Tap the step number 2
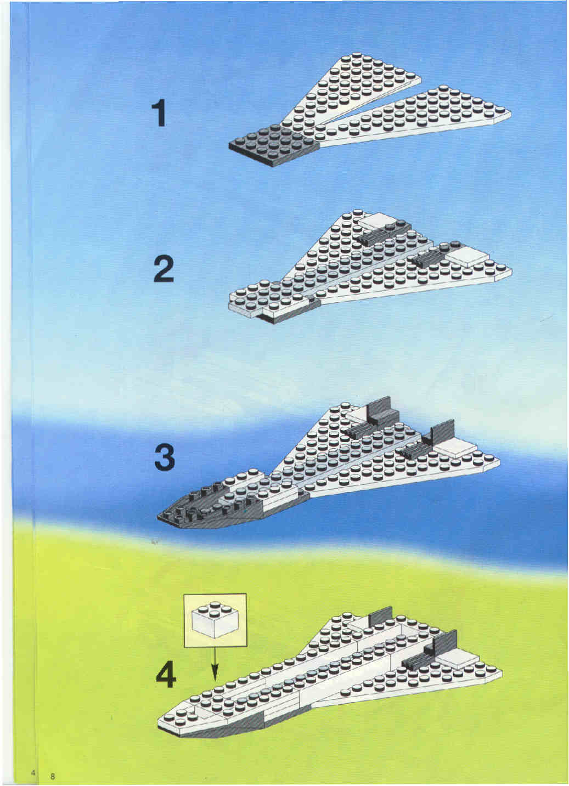pyautogui.click(x=164, y=269)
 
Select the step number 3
pyautogui.click(x=165, y=457)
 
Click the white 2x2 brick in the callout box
pyautogui.click(x=215, y=619)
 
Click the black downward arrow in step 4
pyautogui.click(x=215, y=665)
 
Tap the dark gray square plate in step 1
pyautogui.click(x=273, y=146)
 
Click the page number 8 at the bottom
pyautogui.click(x=53, y=776)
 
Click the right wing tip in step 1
pyautogui.click(x=510, y=113)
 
